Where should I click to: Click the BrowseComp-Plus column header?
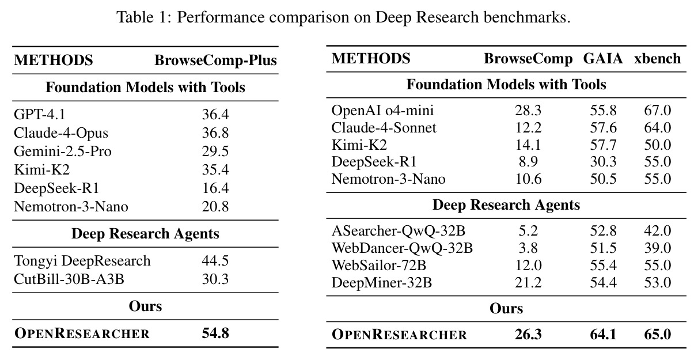click(x=215, y=60)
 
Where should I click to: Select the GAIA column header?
click(x=603, y=59)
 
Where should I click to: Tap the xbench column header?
click(x=658, y=59)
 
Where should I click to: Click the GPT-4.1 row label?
click(x=40, y=114)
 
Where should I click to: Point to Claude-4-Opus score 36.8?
click(x=215, y=133)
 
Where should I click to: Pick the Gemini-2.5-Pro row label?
click(x=63, y=151)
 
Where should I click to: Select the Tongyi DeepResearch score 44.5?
click(x=215, y=260)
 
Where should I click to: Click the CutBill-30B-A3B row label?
click(x=69, y=279)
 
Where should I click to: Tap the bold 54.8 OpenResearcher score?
click(x=215, y=333)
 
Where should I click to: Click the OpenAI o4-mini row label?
click(x=382, y=111)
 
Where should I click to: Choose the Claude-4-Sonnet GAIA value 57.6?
click(x=604, y=128)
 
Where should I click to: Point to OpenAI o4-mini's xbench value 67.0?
click(x=658, y=111)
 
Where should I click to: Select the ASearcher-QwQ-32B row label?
click(x=398, y=231)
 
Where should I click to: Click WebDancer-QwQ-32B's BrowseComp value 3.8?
click(x=528, y=248)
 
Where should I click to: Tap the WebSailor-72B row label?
click(x=378, y=265)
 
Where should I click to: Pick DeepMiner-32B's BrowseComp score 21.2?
click(x=528, y=282)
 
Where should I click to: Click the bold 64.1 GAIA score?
click(x=604, y=334)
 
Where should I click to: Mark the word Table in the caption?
click(x=135, y=17)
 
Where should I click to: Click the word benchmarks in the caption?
click(x=527, y=17)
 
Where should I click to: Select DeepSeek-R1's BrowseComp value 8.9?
click(x=528, y=162)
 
